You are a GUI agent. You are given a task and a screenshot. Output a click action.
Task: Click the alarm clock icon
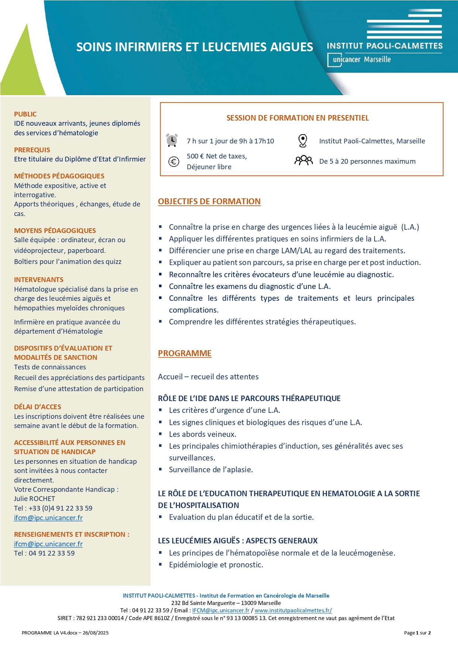[x=172, y=140]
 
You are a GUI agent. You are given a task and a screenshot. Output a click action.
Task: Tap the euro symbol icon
[x=173, y=161]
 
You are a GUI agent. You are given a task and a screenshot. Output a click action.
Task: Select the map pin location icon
[x=303, y=140]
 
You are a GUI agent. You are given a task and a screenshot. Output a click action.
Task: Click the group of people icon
[x=303, y=160]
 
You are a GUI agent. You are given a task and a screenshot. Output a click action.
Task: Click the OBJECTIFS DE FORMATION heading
[x=209, y=201]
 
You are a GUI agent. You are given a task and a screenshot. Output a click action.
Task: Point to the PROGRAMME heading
[x=185, y=353]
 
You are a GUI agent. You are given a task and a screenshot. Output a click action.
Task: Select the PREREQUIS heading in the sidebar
[x=32, y=150]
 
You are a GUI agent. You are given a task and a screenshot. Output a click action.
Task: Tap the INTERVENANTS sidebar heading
[x=39, y=279]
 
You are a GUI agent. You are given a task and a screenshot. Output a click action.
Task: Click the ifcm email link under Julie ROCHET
[x=48, y=518]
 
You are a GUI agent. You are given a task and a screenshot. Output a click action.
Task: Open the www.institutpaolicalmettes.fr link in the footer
[x=293, y=610]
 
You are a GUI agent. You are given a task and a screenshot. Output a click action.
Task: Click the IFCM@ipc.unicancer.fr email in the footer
[x=221, y=610]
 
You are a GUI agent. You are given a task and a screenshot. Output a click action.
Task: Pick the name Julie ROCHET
[x=34, y=498]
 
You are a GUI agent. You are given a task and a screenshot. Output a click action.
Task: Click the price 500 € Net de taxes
[x=217, y=156]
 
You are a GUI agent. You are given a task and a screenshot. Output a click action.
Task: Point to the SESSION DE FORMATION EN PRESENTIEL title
[x=297, y=118]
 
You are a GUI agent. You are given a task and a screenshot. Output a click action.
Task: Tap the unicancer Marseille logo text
[x=361, y=59]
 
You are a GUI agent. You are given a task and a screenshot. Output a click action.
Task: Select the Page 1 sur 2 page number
[x=417, y=633]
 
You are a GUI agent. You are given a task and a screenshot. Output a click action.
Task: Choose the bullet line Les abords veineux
[x=203, y=434]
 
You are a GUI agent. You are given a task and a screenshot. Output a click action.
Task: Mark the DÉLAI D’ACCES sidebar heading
[x=38, y=407]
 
